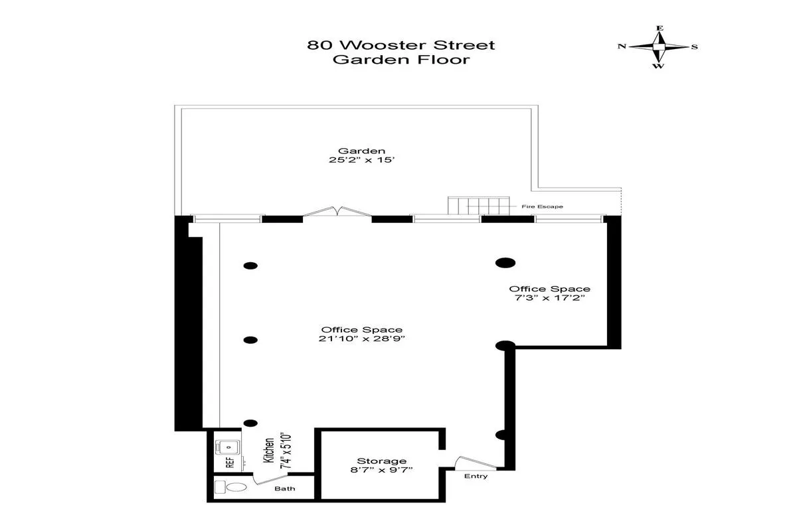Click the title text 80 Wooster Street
pos(400,45)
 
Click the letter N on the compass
pos(622,46)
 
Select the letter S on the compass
pos(694,46)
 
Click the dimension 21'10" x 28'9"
pos(362,339)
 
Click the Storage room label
pos(381,461)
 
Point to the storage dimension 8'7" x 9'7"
pos(381,471)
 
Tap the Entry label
pos(476,476)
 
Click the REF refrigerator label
pos(230,463)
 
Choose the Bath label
pos(286,489)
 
